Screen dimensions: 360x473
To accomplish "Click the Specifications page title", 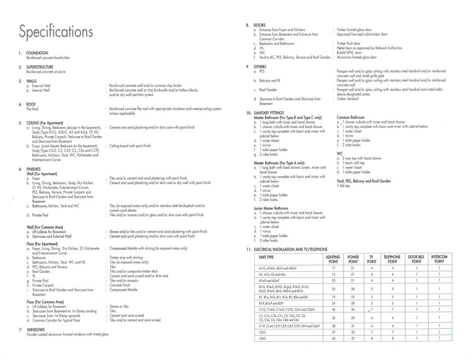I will (56, 32).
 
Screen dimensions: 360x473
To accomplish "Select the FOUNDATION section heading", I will (37, 53).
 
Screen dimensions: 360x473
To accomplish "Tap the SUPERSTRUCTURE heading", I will (41, 67).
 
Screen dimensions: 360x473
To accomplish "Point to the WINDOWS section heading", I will (36, 329).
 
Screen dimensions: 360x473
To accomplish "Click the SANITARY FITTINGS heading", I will (276, 113).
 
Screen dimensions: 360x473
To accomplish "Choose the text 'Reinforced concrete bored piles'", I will (48, 58).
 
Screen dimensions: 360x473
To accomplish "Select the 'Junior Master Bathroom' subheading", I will (271, 208).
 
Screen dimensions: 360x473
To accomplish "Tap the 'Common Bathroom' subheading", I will (351, 117).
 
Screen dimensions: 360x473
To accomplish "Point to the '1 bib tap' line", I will (344, 186).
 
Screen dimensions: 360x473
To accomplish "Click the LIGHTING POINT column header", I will (333, 259).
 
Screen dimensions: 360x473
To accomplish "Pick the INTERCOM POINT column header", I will (439, 259).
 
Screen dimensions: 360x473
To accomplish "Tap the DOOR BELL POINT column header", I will (416, 259).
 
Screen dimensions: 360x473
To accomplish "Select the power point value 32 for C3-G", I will (353, 332).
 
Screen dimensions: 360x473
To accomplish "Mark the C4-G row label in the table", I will (263, 339).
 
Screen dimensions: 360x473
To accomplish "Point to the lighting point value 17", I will (333, 268).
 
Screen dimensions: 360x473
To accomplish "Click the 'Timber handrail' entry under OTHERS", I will (348, 99).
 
